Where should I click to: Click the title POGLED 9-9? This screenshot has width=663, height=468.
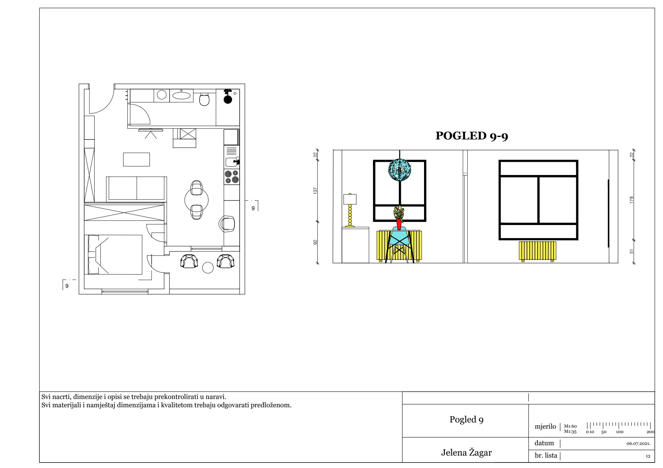point(472,136)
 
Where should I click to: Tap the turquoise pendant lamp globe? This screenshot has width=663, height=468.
point(400,170)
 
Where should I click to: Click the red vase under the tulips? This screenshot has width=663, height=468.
point(399,224)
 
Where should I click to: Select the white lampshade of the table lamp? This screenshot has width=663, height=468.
point(350,199)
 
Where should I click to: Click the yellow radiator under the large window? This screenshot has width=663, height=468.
point(538,251)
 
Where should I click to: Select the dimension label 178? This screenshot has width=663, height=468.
point(632,200)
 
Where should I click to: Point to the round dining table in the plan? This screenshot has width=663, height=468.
point(196,199)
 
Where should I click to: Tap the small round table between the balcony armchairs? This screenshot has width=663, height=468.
point(208,267)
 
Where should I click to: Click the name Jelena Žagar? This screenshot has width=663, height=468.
point(466,453)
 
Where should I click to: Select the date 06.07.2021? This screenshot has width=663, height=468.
point(638,443)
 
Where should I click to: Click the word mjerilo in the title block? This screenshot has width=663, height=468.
point(545,427)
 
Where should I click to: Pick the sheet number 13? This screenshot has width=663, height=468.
point(648,456)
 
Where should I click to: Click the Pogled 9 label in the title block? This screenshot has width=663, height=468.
point(466,420)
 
